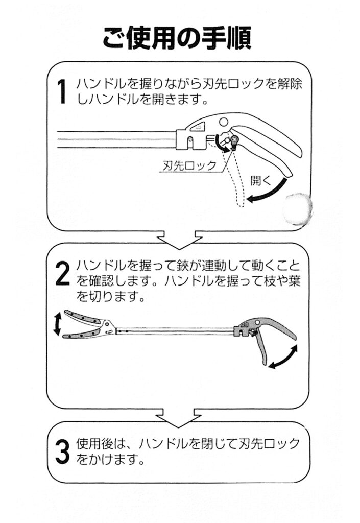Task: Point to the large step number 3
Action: pos(62,449)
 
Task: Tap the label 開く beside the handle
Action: pos(260,179)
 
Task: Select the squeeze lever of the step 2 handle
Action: pos(261,347)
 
